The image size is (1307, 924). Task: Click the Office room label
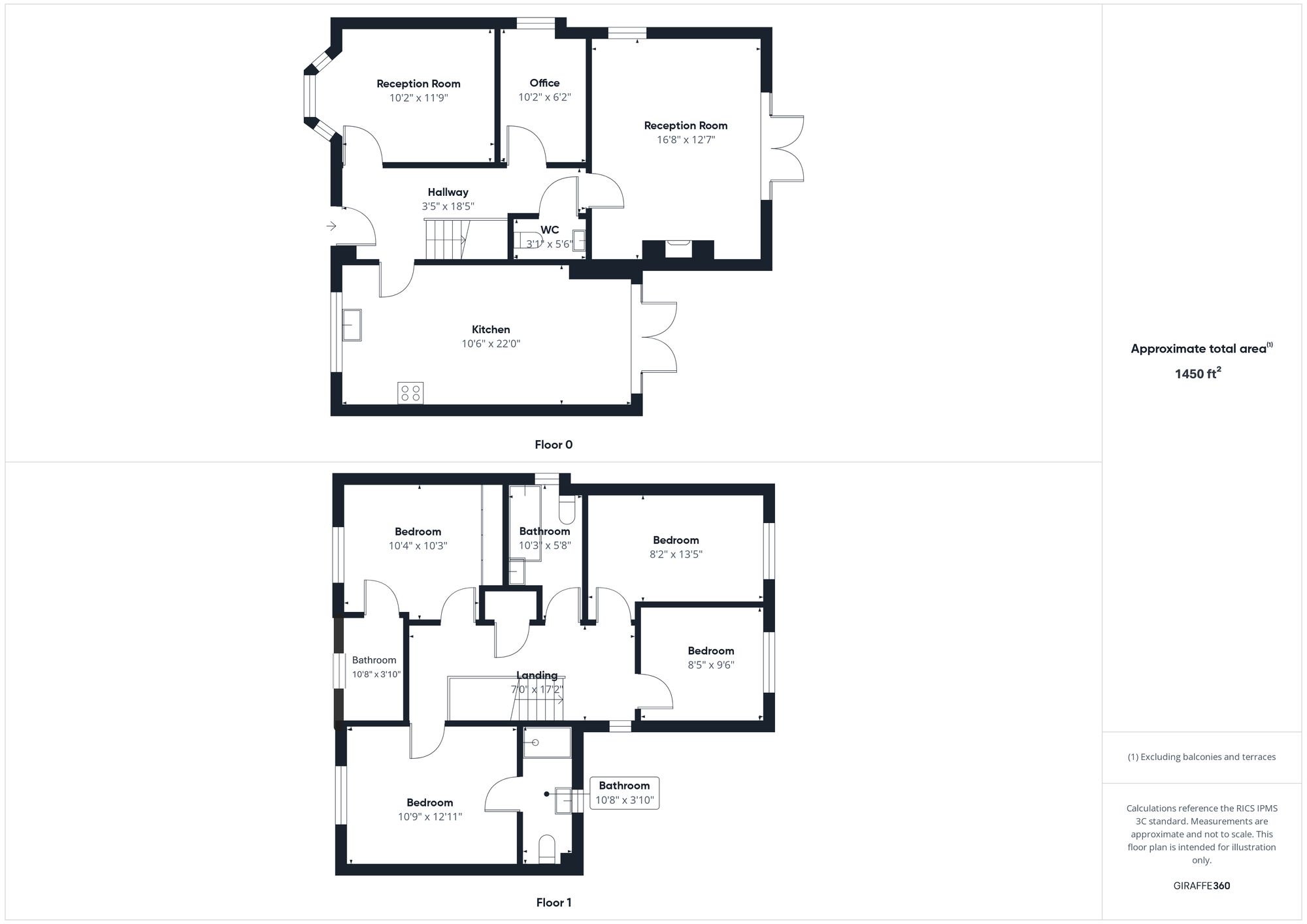click(x=544, y=83)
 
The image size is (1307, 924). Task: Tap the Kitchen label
click(x=491, y=330)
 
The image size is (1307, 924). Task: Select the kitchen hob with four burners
click(x=410, y=393)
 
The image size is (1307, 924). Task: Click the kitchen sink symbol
click(x=352, y=325)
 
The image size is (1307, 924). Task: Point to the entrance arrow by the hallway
click(x=331, y=226)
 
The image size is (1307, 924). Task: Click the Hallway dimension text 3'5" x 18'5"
click(x=448, y=206)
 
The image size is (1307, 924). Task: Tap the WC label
click(x=550, y=230)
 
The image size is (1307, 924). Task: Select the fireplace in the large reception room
click(x=678, y=249)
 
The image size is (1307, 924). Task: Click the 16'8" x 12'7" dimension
click(x=686, y=140)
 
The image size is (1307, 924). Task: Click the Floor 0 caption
click(x=554, y=445)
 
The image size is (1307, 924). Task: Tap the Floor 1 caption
click(x=554, y=902)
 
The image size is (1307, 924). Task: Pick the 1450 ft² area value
click(x=1198, y=374)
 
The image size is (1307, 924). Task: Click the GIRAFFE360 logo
click(x=1201, y=886)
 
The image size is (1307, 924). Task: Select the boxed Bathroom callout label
click(x=624, y=793)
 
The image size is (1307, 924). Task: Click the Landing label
click(x=537, y=675)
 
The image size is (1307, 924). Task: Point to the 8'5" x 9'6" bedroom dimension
click(x=710, y=665)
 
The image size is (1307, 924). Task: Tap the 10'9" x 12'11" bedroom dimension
click(x=430, y=817)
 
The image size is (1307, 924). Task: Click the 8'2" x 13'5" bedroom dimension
click(x=676, y=554)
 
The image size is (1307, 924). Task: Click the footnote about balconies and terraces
click(x=1201, y=757)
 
